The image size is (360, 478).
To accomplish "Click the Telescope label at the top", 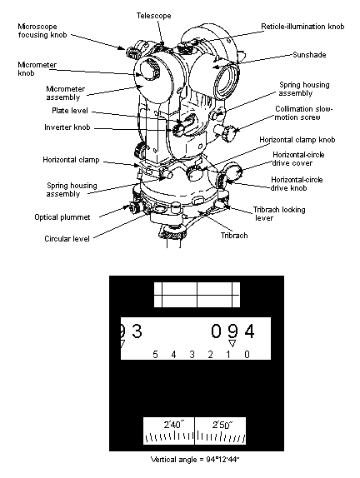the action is tap(153, 16).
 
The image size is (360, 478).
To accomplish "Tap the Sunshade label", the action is tap(309, 55).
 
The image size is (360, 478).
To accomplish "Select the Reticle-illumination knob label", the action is tap(302, 27).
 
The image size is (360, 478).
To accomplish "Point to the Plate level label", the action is tap(70, 111).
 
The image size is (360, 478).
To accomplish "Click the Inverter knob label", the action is tap(67, 127).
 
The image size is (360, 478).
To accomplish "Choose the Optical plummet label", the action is tap(62, 217).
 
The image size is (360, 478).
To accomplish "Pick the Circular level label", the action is tap(67, 239).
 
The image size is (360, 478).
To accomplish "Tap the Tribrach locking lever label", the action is tap(279, 214).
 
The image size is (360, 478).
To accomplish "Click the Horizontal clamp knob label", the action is tap(297, 140).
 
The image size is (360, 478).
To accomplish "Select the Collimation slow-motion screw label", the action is tap(303, 113).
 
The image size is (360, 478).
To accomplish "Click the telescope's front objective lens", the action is tap(227, 81).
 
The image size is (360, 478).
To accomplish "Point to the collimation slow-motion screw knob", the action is tap(230, 133).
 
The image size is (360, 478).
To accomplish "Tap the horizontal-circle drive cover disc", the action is tap(234, 172).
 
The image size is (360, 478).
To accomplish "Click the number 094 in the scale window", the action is tap(232, 331).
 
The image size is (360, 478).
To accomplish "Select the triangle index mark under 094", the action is tap(232, 343).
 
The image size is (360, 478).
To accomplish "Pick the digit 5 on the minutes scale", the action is tap(155, 355).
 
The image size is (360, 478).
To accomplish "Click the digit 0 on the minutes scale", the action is tap(247, 355).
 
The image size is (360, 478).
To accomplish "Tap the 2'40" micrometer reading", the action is tap(174, 425).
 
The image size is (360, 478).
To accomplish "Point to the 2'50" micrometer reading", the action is tap(222, 425).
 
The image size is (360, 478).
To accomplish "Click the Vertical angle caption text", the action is tap(195, 460).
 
